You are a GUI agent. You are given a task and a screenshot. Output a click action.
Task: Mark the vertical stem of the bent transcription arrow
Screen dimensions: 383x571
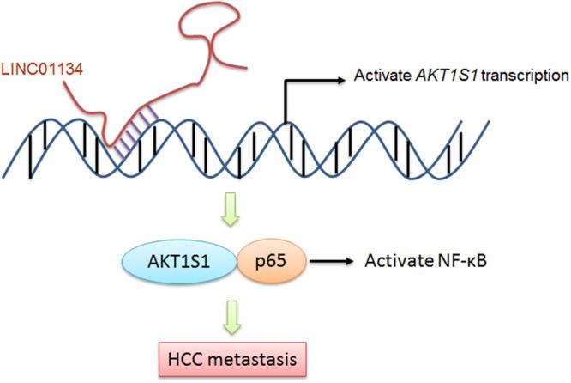(x=285, y=105)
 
